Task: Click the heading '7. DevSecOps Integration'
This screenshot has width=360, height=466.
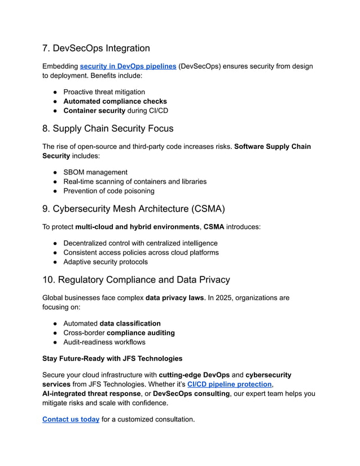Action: click(x=96, y=49)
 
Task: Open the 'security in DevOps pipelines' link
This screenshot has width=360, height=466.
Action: click(x=128, y=67)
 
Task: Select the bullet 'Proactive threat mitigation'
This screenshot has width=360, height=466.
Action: click(x=104, y=92)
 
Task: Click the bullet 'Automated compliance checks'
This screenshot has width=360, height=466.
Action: click(x=115, y=102)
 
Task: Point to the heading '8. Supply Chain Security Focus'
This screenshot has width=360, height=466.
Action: click(x=108, y=129)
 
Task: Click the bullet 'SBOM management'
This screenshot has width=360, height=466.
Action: click(x=95, y=172)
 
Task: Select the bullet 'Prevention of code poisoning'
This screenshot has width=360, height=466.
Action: click(x=108, y=191)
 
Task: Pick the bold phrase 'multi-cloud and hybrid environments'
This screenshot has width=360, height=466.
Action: click(x=137, y=227)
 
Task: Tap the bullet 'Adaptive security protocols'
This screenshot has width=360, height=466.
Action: click(x=106, y=262)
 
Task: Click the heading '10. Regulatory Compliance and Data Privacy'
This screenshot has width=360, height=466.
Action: click(x=136, y=280)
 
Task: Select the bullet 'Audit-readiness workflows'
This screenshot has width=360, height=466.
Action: click(x=104, y=342)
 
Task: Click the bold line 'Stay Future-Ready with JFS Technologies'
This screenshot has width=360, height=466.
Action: click(x=113, y=358)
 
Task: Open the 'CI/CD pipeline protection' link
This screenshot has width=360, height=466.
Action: click(x=229, y=384)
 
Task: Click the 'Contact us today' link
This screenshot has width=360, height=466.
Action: click(x=71, y=419)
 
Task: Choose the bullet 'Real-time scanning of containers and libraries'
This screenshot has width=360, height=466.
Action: click(x=135, y=182)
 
